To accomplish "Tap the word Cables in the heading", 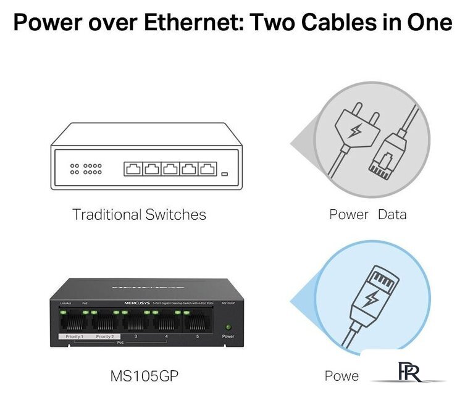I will tap(334, 23).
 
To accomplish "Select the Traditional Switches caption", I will tap(139, 215).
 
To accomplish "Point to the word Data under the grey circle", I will tap(392, 215).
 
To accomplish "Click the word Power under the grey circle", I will tap(348, 215).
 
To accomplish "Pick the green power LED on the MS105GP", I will tap(228, 326).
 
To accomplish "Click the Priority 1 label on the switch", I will tap(73, 336).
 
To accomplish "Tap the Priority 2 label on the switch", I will tap(104, 336).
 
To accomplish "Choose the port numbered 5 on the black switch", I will tap(197, 322).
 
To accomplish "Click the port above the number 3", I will tap(135, 322).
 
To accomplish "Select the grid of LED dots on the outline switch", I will tap(86, 168).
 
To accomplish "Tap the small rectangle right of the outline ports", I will tap(225, 173).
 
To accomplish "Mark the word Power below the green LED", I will tap(228, 336).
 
